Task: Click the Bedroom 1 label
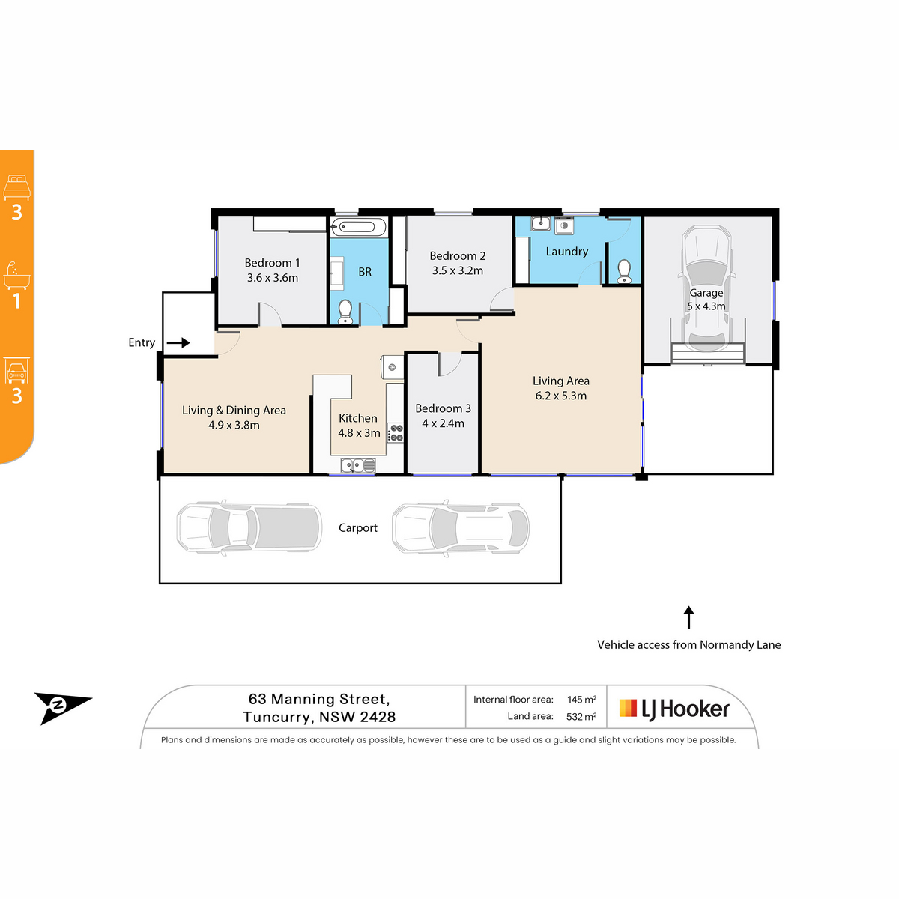tap(272, 263)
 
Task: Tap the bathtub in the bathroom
tap(358, 228)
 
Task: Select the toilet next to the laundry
tap(624, 271)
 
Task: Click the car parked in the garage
tap(706, 289)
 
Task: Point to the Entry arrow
tap(178, 343)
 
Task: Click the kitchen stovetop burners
tap(396, 432)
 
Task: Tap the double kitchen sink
tap(358, 465)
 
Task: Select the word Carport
tap(358, 528)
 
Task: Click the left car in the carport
tap(249, 528)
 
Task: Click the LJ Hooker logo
tap(674, 709)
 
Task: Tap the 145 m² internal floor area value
tap(582, 700)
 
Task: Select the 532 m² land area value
tap(581, 717)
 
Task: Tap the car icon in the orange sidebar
tap(16, 371)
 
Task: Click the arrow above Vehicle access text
tap(688, 617)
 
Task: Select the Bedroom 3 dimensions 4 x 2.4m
tap(444, 423)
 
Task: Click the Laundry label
tap(567, 252)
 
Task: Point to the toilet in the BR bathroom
tap(345, 312)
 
